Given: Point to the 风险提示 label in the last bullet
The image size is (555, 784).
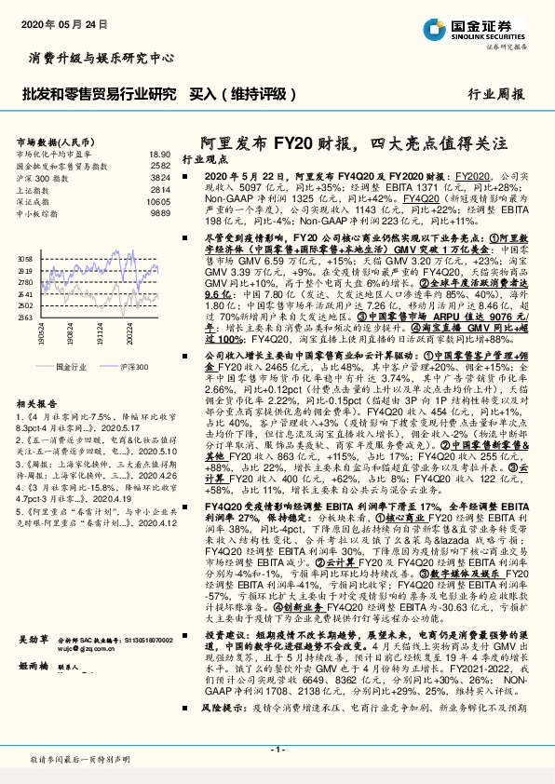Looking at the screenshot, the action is tap(220, 734).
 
